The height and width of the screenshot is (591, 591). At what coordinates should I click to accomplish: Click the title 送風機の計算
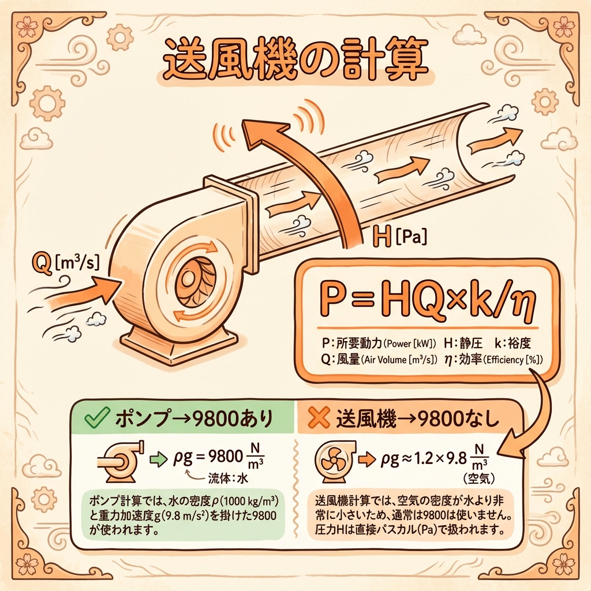coord(296,62)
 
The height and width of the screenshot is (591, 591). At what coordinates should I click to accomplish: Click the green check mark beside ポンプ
coord(97,418)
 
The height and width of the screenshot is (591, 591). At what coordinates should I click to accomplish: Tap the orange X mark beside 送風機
coord(319,418)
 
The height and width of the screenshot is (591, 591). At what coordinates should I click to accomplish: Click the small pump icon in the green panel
coord(121,461)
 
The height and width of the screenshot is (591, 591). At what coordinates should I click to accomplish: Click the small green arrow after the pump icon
coord(158,459)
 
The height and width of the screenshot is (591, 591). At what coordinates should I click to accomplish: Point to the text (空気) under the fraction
coord(478,478)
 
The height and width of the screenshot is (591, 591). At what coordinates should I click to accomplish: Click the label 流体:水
coord(228,478)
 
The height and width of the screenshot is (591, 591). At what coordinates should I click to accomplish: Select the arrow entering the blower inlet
coord(81,291)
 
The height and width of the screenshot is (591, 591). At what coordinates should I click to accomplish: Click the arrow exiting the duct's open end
coord(495,140)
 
